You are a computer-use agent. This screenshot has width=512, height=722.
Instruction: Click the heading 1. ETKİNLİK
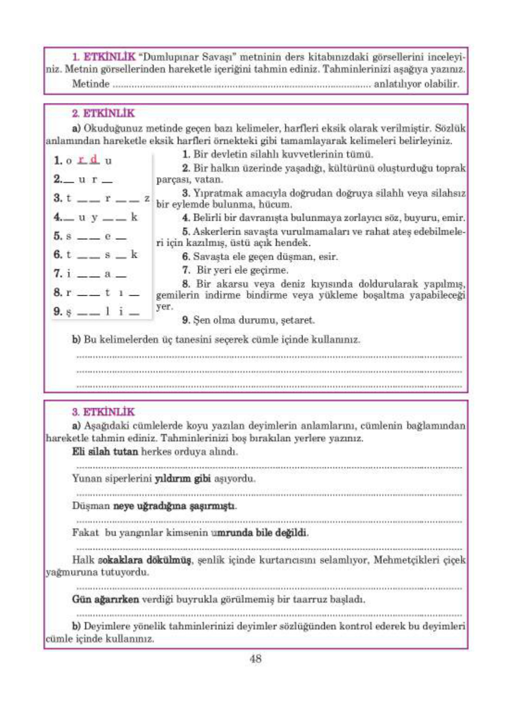pos(104,57)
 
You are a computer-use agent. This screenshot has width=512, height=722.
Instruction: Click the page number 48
pos(256,659)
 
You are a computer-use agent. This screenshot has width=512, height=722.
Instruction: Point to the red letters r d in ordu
pos(88,160)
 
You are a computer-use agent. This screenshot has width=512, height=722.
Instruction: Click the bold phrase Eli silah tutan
pos(105,451)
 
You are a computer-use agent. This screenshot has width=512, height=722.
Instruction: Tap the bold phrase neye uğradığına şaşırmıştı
pos(175,506)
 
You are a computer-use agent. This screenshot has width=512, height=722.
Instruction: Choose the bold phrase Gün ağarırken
pos(105,599)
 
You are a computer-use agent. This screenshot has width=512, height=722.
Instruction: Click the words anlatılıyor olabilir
pos(416,84)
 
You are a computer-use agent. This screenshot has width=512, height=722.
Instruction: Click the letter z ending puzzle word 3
pos(147,198)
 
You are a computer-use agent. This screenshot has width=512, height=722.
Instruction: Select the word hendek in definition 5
pos(293,243)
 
